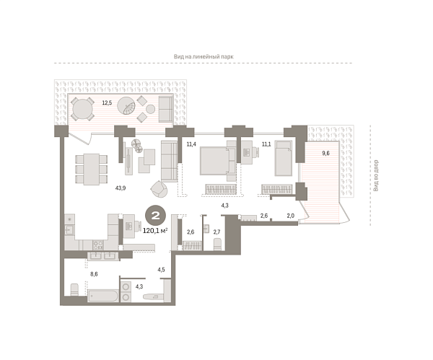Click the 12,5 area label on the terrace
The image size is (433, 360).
[107, 102]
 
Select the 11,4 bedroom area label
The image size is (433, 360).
[191, 144]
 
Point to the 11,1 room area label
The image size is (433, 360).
[266, 144]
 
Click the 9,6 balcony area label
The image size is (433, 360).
[325, 153]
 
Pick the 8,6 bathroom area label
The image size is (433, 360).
[94, 275]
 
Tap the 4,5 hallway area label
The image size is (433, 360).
[162, 271]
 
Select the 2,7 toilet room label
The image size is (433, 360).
[216, 232]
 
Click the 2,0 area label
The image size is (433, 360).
[290, 216]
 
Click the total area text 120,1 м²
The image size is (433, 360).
[154, 231]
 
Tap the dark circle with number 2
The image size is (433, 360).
[154, 214]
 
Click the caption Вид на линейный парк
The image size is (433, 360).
[204, 56]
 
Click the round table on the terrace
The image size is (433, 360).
[84, 109]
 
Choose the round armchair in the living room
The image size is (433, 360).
[159, 189]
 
